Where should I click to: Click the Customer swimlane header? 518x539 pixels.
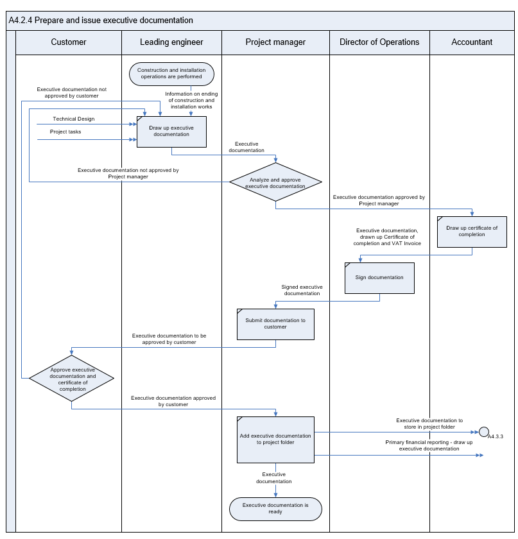[69, 42]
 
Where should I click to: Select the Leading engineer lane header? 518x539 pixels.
[171, 42]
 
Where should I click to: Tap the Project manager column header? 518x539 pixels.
[275, 42]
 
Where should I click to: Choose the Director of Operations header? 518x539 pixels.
[379, 42]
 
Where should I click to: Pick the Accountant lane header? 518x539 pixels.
[472, 42]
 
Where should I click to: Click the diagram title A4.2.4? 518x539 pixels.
[101, 21]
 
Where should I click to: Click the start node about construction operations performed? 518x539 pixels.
[171, 74]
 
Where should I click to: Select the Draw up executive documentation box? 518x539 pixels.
[171, 132]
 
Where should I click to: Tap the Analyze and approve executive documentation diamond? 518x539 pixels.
[275, 182]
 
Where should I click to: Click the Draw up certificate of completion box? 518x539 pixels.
[472, 232]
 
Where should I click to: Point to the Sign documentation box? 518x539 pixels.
[379, 278]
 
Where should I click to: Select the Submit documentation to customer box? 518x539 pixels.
[275, 324]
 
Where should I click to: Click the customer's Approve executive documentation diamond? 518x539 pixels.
[71, 378]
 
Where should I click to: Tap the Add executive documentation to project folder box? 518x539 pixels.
[275, 440]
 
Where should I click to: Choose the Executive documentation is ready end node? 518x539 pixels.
[275, 509]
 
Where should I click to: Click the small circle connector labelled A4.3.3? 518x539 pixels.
[483, 432]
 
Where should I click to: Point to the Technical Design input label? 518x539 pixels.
[74, 119]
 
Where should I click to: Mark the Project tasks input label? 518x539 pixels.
[65, 132]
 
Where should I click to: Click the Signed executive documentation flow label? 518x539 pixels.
[302, 290]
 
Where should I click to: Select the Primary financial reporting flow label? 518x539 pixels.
[429, 445]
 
